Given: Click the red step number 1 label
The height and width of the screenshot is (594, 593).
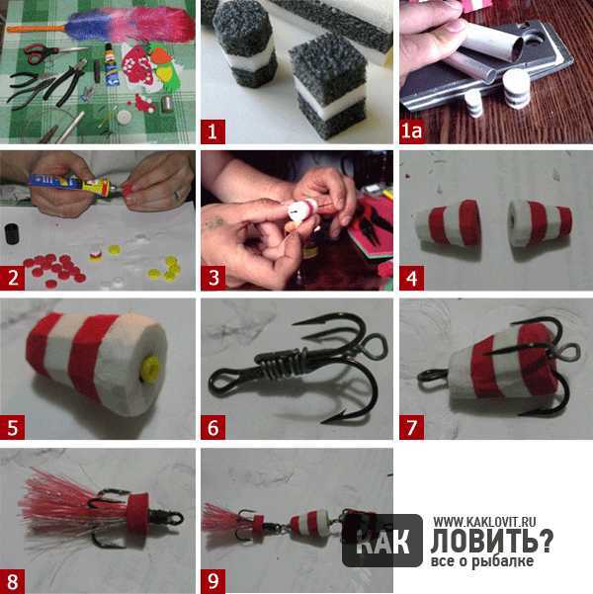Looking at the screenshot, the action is pyautogui.click(x=212, y=131).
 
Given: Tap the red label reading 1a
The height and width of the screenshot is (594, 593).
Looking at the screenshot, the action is pyautogui.click(x=411, y=131).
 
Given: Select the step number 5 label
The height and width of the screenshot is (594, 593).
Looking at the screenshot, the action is pyautogui.click(x=13, y=427).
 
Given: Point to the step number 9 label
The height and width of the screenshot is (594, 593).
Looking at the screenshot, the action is pyautogui.click(x=212, y=581).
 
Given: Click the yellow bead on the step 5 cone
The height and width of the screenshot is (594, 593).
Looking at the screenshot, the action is pyautogui.click(x=149, y=369).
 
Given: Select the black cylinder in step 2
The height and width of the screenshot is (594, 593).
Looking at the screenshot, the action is pyautogui.click(x=12, y=233).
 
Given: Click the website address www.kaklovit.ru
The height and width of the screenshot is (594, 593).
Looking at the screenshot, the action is pyautogui.click(x=484, y=522).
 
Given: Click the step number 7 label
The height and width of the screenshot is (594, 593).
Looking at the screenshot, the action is pyautogui.click(x=411, y=427).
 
